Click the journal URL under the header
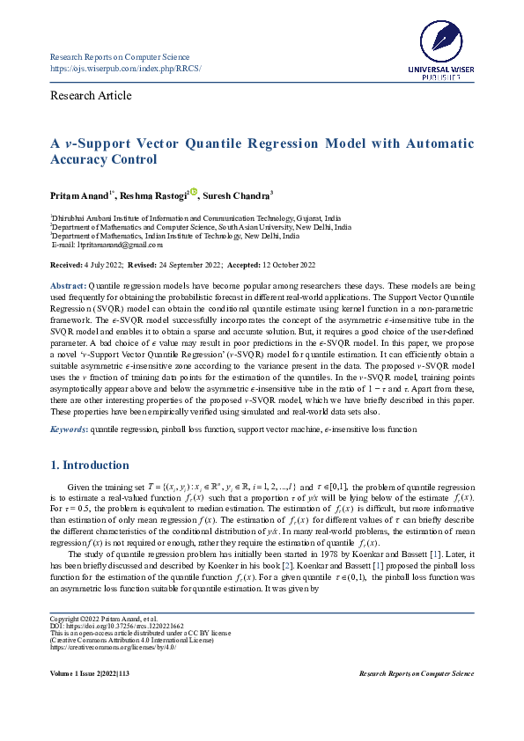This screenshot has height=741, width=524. click(x=125, y=68)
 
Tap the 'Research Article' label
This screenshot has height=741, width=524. click(x=91, y=96)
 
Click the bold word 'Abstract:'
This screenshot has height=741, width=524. click(x=67, y=287)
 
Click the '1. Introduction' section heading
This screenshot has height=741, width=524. click(x=89, y=466)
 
